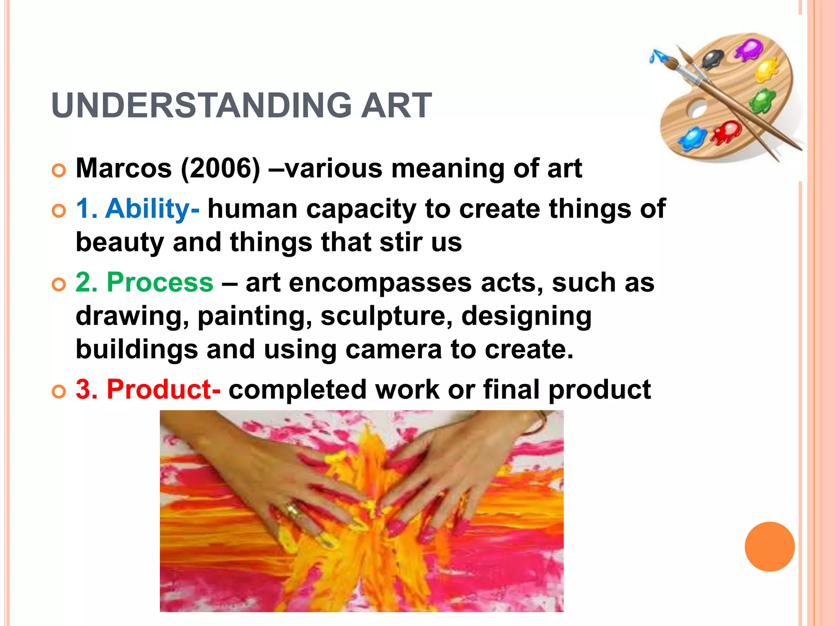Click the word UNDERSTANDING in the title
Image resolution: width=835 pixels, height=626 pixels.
tap(202, 106)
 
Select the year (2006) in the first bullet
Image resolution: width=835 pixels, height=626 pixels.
tap(220, 168)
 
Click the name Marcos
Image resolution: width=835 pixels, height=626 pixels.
tap(124, 168)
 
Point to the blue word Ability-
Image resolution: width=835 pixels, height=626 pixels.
tap(152, 209)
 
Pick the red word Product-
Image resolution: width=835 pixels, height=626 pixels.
tap(163, 389)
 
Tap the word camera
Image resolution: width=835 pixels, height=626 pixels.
tap(393, 350)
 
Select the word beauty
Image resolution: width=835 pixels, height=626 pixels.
tap(119, 242)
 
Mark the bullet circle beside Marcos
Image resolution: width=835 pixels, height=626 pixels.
tap(59, 171)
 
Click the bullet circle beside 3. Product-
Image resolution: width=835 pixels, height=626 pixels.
tap(59, 392)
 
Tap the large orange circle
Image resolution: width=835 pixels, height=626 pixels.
tap(769, 547)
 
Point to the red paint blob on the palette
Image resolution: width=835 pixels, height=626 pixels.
tap(727, 131)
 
